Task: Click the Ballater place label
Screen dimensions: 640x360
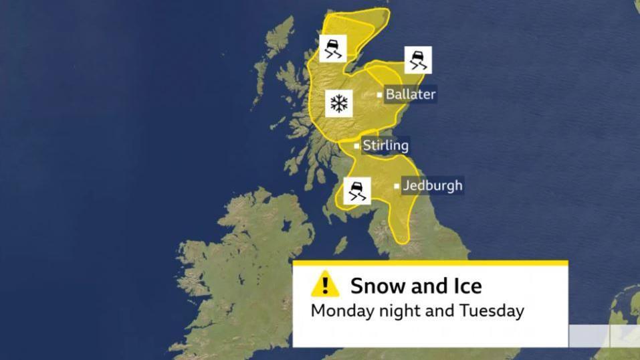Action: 410,94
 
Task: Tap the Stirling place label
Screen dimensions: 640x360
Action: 385,145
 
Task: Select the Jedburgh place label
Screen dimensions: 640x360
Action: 432,185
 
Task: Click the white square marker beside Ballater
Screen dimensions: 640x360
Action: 380,95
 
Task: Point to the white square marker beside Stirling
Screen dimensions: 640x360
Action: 356,146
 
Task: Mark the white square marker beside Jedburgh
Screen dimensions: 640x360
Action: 397,186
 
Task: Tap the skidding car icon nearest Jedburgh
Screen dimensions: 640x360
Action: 356,190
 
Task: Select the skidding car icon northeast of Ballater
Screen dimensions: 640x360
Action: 418,60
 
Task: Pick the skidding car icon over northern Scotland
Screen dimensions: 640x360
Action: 332,48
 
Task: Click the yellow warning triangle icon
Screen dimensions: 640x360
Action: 325,284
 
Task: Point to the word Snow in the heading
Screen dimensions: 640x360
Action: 378,286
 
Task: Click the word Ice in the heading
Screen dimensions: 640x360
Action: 465,286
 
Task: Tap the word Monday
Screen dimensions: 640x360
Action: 342,310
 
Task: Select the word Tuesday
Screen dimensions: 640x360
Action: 492,310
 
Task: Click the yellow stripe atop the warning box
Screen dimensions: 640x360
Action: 430,263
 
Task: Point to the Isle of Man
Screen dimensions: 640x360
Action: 341,246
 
